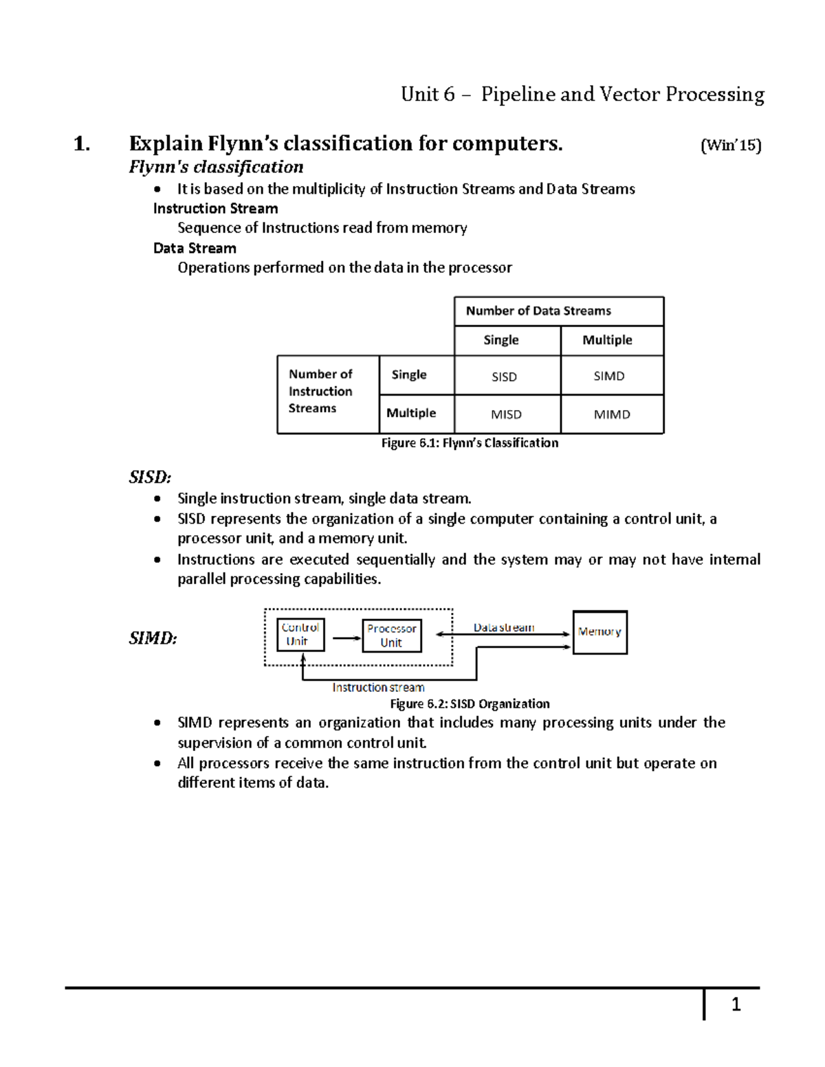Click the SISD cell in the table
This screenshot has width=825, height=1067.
click(x=504, y=377)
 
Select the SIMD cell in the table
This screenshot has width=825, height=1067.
click(x=609, y=376)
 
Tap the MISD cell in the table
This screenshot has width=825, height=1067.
click(x=506, y=414)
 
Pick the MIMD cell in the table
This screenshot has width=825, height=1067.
click(x=611, y=414)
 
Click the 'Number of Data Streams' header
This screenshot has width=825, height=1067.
click(x=538, y=311)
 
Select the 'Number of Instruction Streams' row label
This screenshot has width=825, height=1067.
click(x=320, y=391)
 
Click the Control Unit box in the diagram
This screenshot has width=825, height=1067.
click(x=300, y=634)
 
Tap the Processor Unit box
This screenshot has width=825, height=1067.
click(x=391, y=636)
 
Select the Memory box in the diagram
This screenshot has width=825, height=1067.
click(x=599, y=632)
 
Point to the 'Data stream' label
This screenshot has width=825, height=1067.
click(x=503, y=627)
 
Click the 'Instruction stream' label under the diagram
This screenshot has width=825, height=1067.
click(x=378, y=687)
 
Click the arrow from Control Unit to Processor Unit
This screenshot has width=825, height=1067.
click(x=346, y=638)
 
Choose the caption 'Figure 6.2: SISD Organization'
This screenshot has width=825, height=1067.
click(x=470, y=704)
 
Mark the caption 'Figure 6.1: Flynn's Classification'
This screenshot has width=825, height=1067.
click(x=470, y=443)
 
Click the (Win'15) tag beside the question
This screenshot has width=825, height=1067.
click(x=730, y=146)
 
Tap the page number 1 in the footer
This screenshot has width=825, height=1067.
click(x=736, y=1005)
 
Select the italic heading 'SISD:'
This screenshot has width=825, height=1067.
click(x=150, y=477)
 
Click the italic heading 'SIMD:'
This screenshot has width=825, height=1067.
click(x=153, y=638)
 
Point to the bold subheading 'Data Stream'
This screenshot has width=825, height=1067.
click(x=195, y=248)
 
